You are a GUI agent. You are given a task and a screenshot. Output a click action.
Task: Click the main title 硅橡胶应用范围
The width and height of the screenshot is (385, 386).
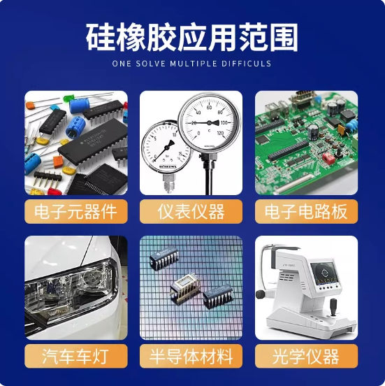(192, 37)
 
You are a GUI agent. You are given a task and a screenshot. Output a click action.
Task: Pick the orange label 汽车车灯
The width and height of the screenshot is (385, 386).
(76, 356)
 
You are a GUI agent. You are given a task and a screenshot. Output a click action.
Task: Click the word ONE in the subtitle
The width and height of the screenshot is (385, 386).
(122, 64)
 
